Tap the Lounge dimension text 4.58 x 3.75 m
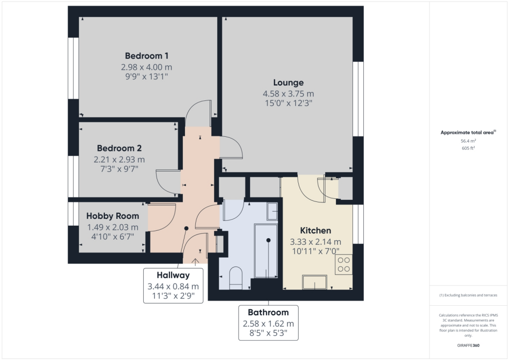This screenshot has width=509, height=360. pyautogui.click(x=288, y=93)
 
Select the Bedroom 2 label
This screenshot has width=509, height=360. pyautogui.click(x=119, y=148)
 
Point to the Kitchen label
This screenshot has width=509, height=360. pyautogui.click(x=316, y=231)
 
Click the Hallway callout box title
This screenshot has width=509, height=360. pyautogui.click(x=173, y=275)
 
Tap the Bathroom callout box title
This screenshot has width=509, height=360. pyautogui.click(x=268, y=312)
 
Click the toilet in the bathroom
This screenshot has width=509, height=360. pyautogui.click(x=236, y=278)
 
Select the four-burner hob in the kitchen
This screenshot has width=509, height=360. pyautogui.click(x=343, y=265)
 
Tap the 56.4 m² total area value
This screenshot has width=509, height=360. pyautogui.click(x=468, y=141)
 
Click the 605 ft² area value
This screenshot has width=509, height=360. pyautogui.click(x=468, y=148)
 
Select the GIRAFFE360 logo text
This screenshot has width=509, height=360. pyautogui.click(x=468, y=345)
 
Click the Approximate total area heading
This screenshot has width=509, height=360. pyautogui.click(x=467, y=132)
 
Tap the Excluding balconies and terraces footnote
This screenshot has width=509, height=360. pyautogui.click(x=468, y=295)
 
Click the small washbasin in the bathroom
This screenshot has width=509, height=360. pyautogui.click(x=273, y=212)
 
